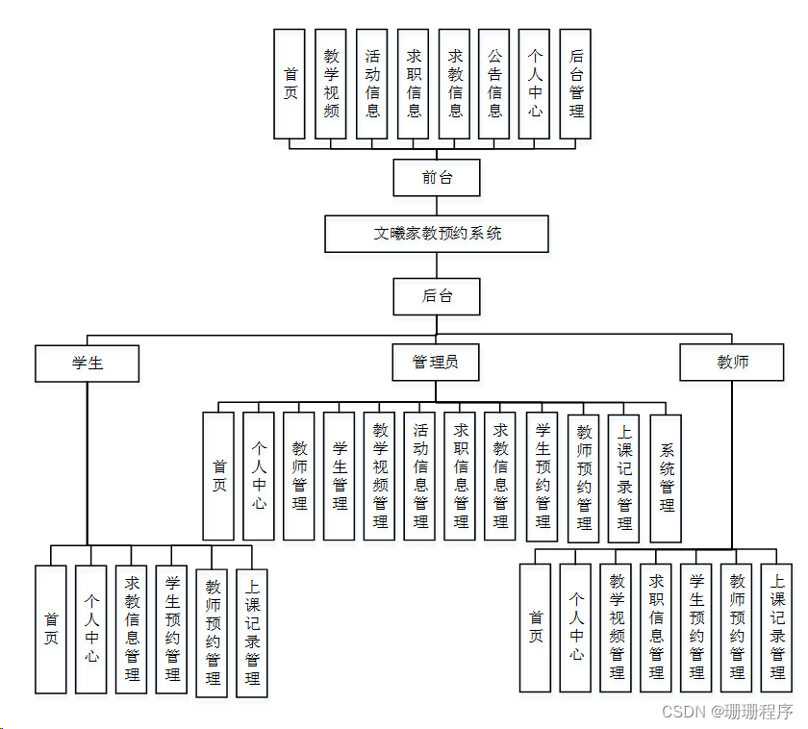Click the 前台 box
[437, 177]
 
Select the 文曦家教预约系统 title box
[437, 234]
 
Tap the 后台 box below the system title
[437, 295]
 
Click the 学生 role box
[88, 363]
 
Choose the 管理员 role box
[436, 363]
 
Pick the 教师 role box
[732, 363]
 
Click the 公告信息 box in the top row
[494, 84]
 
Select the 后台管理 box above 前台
[575, 84]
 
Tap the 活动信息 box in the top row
[372, 84]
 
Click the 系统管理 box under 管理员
[666, 477]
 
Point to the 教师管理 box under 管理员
[299, 475]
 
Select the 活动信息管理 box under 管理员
[420, 475]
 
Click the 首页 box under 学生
[51, 629]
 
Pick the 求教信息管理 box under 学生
[132, 629]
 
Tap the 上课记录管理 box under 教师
[777, 627]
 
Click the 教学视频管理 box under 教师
[617, 627]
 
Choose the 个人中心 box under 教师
[575, 627]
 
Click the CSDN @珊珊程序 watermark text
[727, 712]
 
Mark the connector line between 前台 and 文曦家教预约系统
[437, 206]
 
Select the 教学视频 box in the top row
[331, 84]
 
